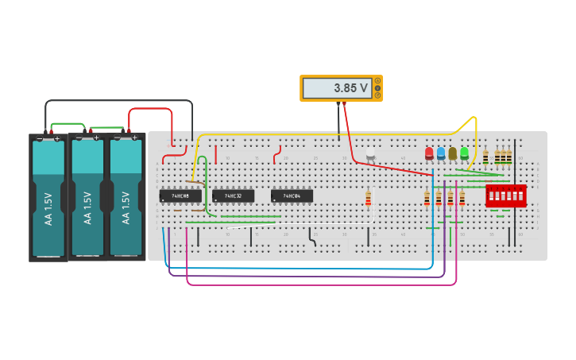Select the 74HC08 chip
180,195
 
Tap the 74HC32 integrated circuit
233,195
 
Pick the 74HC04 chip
292,195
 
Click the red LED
429,153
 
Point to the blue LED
441,153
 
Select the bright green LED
464,153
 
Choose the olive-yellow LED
452,153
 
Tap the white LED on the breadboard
369,153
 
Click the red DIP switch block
506,195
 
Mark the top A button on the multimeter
377,80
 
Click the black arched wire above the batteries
119,101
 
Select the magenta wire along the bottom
318,285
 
